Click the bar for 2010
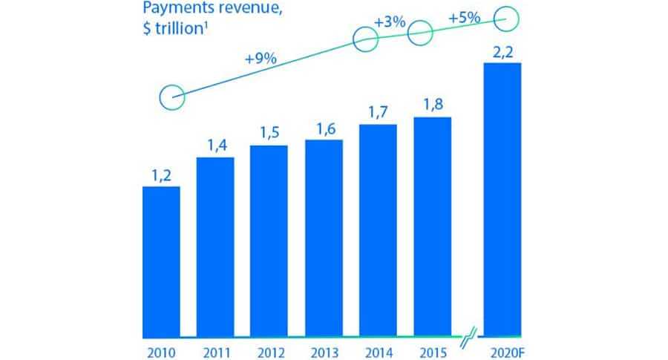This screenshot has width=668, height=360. coord(161,261)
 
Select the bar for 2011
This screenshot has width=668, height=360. coord(215,246)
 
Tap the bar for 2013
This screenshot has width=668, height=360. coord(324,238)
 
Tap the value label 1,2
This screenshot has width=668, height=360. coord(161,176)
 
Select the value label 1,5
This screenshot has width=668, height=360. coord(269,134)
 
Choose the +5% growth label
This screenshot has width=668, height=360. coord(464,16)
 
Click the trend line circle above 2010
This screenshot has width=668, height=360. coord(172,96)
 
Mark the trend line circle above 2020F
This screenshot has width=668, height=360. coord(507,20)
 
